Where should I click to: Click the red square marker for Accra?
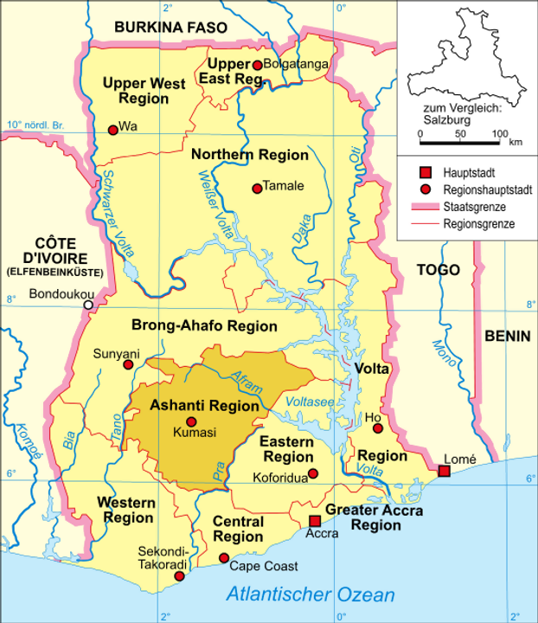coord(315,521)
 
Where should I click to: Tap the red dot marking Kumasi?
coord(192,421)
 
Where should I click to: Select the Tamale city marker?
coord(256,188)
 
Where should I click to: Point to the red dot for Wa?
coord(112,130)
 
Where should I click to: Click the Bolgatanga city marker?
coord(256,65)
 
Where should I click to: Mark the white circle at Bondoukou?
coord(87,305)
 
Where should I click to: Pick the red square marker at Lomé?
coord(444,471)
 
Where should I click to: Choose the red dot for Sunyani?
coord(129,365)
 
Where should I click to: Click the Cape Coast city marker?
coord(224,558)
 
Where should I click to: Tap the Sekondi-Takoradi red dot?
coord(179,576)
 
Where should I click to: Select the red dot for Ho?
coord(377,427)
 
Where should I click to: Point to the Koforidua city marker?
coord(313,473)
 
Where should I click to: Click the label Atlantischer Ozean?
coord(310,595)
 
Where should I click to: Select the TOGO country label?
coord(438,270)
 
